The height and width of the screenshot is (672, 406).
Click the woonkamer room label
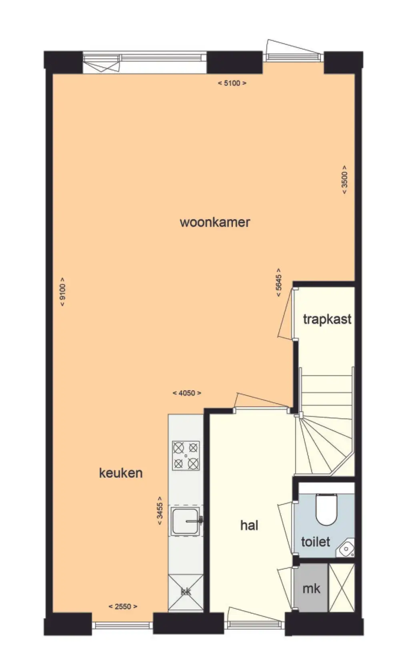coord(214,222)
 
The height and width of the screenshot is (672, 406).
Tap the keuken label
coord(121,473)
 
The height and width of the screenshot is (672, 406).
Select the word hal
coord(249,525)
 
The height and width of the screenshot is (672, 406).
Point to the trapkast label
coord(327,320)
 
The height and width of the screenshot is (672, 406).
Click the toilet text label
coord(315,542)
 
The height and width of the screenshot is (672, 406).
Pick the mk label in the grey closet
coord(311,589)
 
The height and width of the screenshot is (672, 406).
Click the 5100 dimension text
coord(232,83)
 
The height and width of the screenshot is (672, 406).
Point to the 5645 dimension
coord(279,282)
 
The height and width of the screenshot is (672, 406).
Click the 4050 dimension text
coord(187,393)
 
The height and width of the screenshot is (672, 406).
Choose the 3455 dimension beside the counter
coord(160,510)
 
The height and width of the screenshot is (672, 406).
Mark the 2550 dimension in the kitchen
coord(123,606)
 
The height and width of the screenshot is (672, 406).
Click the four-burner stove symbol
coord(186,456)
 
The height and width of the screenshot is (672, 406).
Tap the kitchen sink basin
coord(185,522)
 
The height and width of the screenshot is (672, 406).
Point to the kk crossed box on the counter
coord(186,592)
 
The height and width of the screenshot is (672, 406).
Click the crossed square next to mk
coord(342,588)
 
